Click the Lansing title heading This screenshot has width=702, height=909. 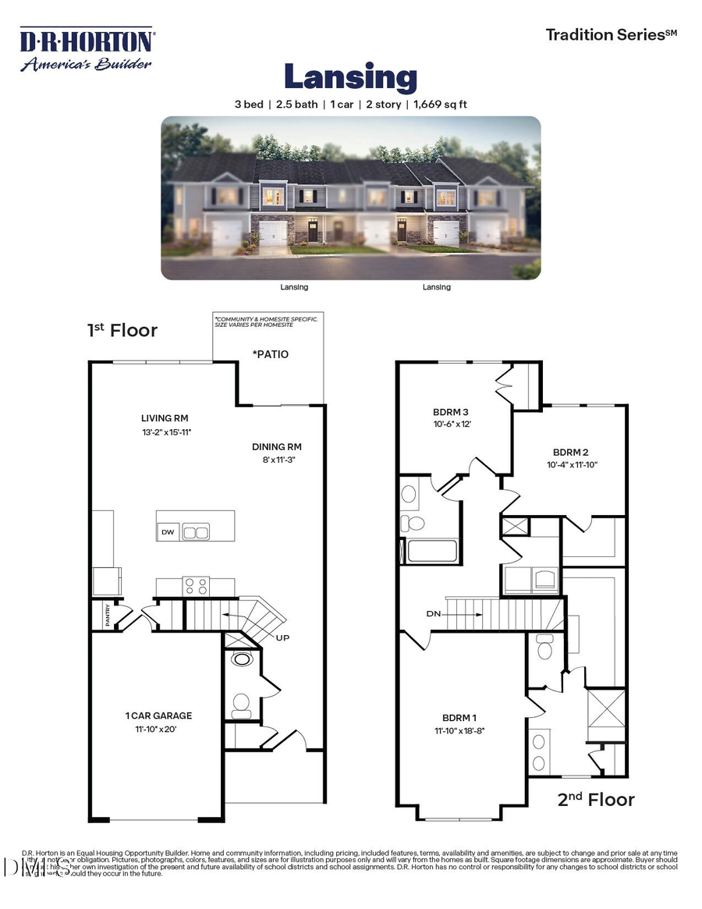350,78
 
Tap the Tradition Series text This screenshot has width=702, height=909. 611,34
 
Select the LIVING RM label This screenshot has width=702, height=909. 165,417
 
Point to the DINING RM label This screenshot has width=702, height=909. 276,447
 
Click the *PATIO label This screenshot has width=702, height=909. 270,354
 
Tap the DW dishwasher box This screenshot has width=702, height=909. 168,532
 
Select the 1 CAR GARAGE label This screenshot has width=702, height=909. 158,715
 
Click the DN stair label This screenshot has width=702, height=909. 434,614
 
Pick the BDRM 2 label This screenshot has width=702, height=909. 570,452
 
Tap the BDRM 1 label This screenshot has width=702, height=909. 459,718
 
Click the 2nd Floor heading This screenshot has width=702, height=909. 596,799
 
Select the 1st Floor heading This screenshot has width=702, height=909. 122,330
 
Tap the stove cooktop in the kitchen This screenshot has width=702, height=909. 196,585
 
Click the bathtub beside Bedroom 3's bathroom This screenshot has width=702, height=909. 431,550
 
